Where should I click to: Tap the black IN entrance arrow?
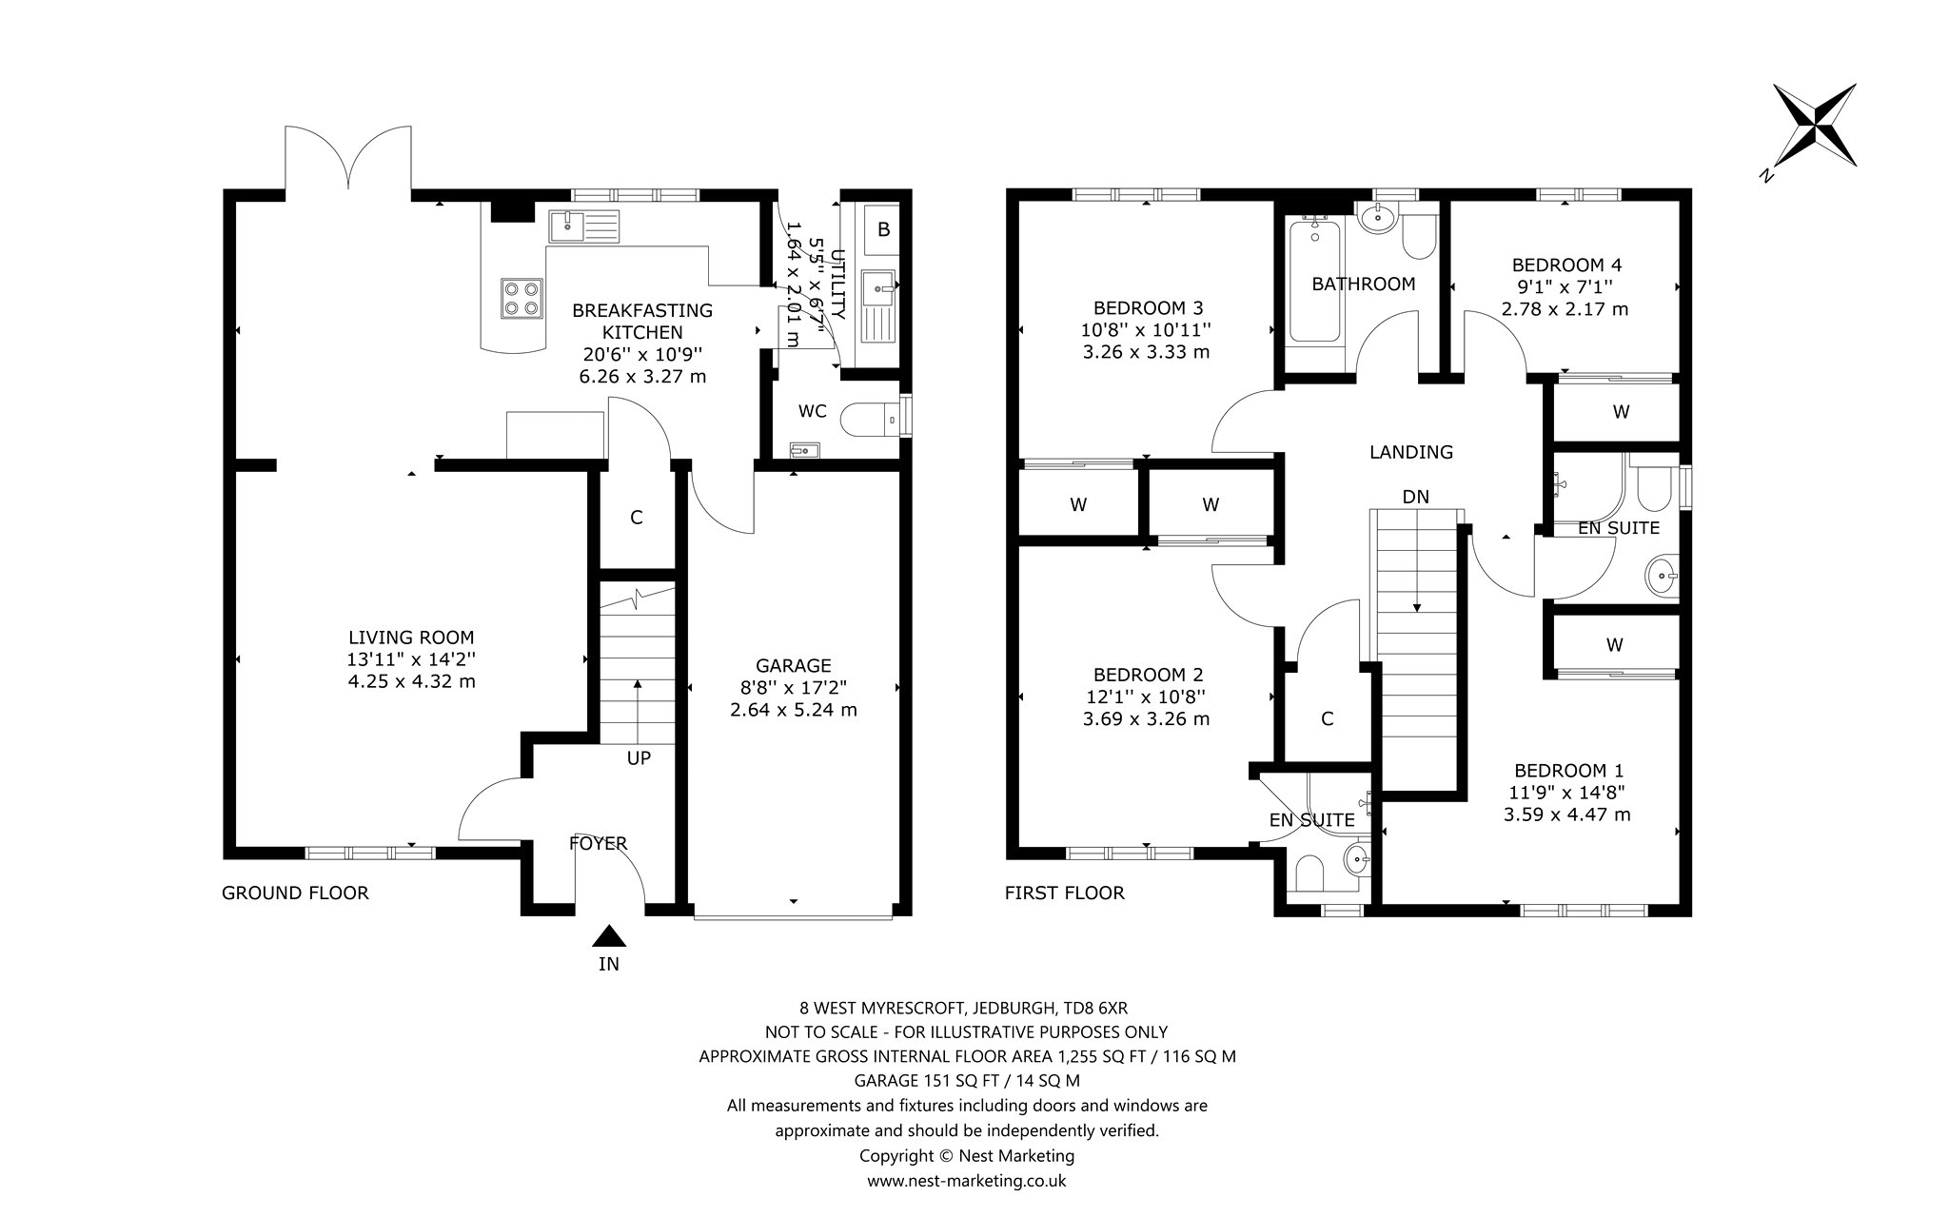609,937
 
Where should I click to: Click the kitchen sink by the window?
583,226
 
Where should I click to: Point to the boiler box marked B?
883,230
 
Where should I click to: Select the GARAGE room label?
794,666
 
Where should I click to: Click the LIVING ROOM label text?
411,638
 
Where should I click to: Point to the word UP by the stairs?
639,758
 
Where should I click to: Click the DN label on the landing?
1416,497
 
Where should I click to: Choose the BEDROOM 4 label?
1566,265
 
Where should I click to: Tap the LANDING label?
1411,452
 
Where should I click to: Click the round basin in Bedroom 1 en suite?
1662,574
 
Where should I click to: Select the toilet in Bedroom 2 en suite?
1310,872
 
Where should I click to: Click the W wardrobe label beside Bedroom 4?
1622,412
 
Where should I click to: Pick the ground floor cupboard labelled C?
637,519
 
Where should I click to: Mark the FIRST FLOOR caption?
1065,893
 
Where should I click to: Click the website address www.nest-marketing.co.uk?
966,1181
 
